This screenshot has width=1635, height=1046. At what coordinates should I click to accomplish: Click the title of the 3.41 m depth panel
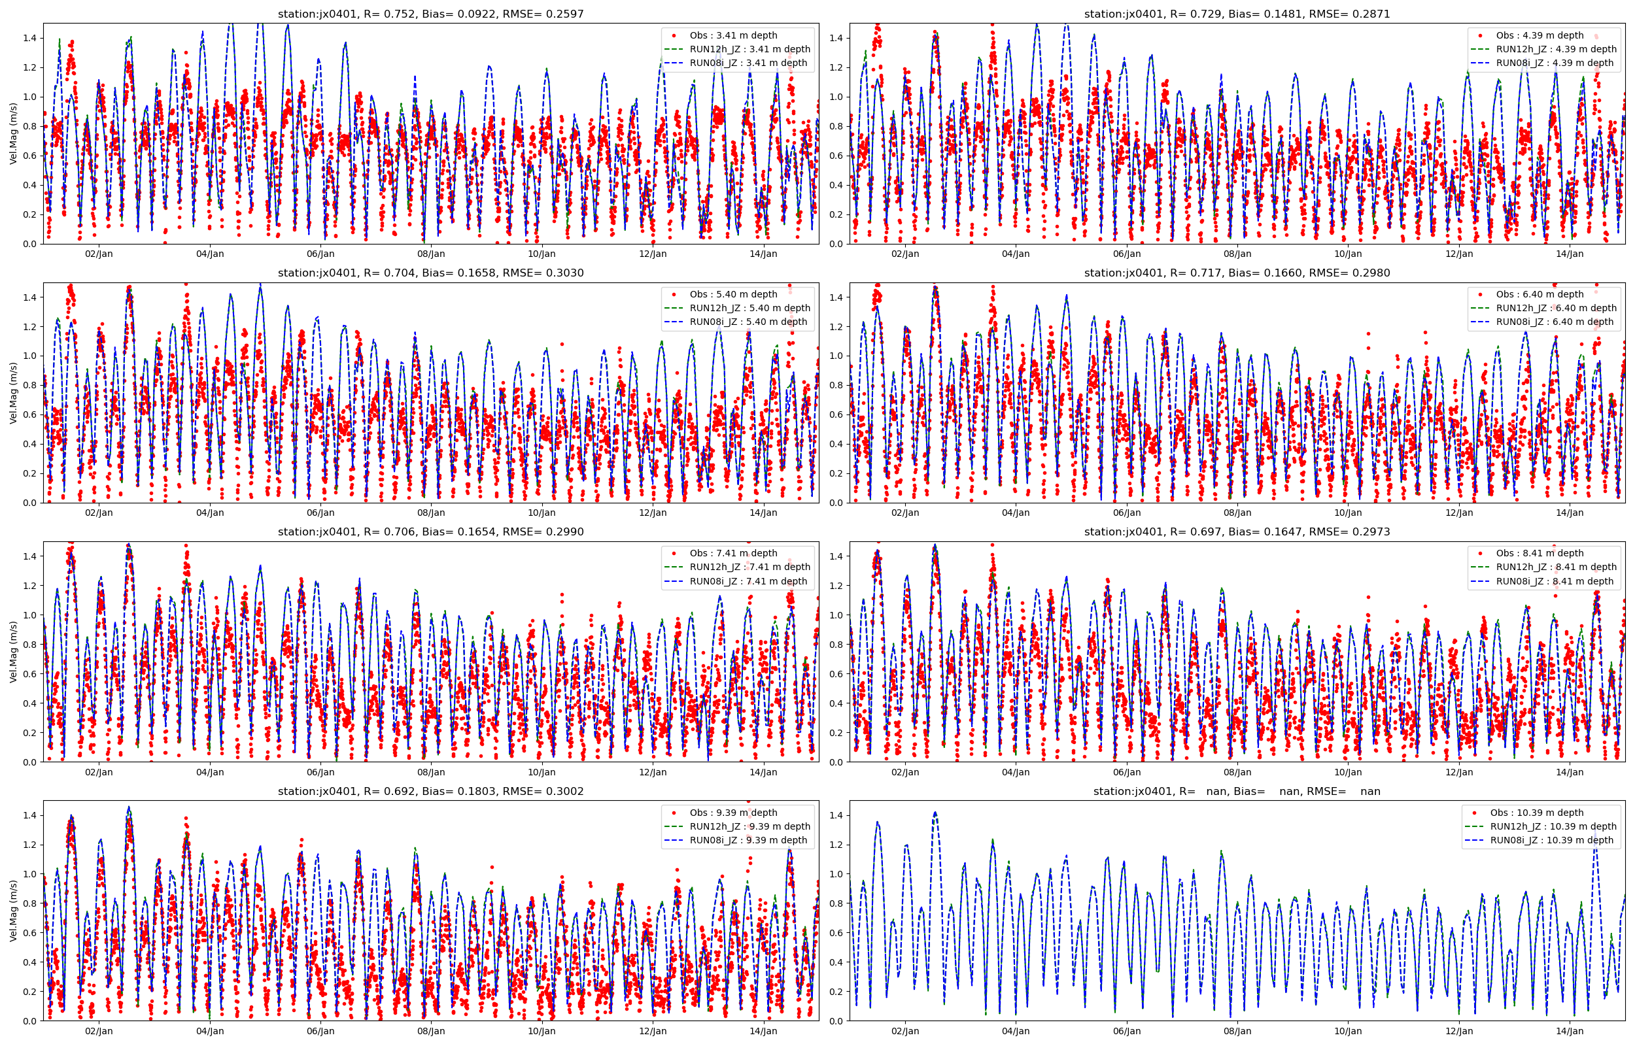pos(430,14)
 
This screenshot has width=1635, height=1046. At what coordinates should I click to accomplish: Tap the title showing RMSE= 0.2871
pos(1237,14)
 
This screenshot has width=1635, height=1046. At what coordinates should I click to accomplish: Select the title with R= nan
pos(1237,791)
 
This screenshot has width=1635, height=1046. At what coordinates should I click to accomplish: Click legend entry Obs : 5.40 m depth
pos(733,294)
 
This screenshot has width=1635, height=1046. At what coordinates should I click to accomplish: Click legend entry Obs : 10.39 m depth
pos(1536,813)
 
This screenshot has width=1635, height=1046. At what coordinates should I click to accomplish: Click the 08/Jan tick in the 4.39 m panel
pos(1237,254)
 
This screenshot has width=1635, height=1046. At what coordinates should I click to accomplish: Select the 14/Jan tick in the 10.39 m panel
pos(1570,1031)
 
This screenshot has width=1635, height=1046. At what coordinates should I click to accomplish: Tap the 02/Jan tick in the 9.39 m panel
pos(99,1031)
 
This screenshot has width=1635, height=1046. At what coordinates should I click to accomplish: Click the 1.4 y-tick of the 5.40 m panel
pos(30,297)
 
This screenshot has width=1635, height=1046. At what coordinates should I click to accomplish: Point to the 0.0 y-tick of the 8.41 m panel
pos(836,762)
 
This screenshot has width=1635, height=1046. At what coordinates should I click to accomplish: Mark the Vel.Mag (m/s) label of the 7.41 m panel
pos(13,652)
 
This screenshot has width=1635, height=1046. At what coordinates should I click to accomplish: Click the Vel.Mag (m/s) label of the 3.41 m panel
pos(13,134)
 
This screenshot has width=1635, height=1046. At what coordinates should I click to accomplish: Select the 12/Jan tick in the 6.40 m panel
pos(1459,513)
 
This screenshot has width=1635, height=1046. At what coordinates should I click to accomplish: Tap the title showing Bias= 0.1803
pos(430,791)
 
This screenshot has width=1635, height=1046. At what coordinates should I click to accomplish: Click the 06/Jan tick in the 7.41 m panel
pos(320,772)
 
